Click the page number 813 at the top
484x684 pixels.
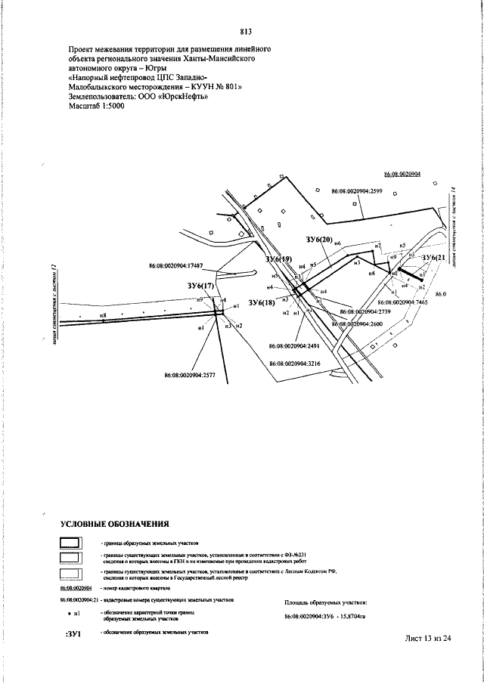(245, 32)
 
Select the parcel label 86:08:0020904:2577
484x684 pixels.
(190, 374)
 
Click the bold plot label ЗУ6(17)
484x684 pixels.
(201, 286)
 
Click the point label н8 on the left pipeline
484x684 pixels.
(102, 314)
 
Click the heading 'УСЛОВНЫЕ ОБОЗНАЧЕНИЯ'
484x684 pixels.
(114, 524)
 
